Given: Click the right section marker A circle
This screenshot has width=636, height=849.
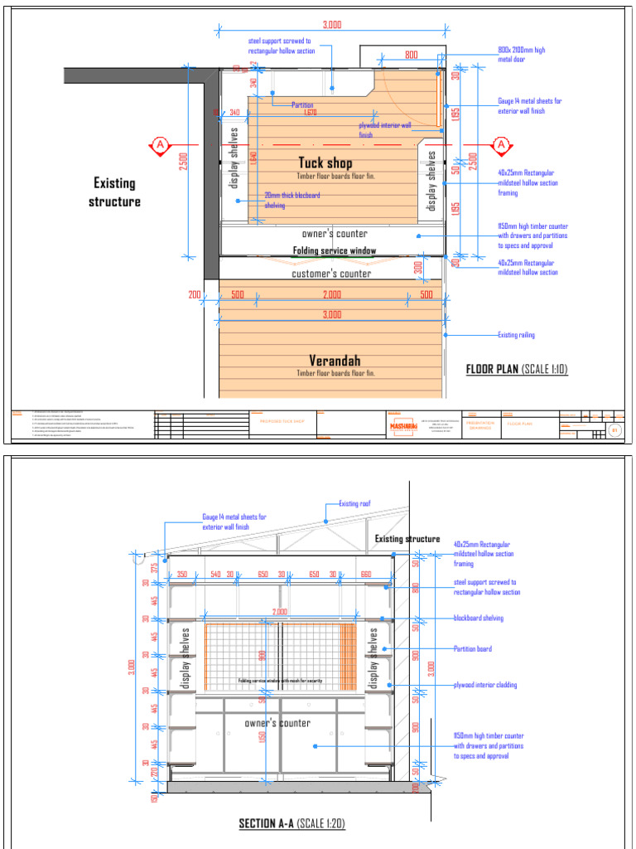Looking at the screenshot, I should pyautogui.click(x=501, y=146).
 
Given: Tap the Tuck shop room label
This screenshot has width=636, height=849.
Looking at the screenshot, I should pyautogui.click(x=325, y=163).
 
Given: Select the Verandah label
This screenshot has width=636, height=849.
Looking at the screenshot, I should pyautogui.click(x=335, y=361).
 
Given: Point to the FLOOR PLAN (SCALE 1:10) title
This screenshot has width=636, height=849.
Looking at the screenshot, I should pyautogui.click(x=517, y=370).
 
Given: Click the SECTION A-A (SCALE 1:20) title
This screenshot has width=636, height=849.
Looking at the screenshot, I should pyautogui.click(x=291, y=823).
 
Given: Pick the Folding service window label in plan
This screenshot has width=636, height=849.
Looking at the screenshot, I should pyautogui.click(x=334, y=250).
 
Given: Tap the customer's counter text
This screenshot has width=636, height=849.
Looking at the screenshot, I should pyautogui.click(x=331, y=274).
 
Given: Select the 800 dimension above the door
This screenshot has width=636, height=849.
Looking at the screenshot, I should pyautogui.click(x=411, y=55).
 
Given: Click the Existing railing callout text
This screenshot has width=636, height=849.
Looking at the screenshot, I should pyautogui.click(x=516, y=335).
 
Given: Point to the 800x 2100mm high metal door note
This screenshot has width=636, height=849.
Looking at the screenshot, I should pyautogui.click(x=522, y=55).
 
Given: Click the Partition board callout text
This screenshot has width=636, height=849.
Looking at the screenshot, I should pyautogui.click(x=473, y=648).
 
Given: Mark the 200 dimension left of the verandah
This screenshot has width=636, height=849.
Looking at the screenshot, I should pyautogui.click(x=195, y=294).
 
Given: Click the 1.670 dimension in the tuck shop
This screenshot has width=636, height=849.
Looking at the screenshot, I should pyautogui.click(x=310, y=112).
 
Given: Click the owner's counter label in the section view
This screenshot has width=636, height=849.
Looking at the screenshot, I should pyautogui.click(x=277, y=723).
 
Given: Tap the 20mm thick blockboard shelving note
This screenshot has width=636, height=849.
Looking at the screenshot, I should pyautogui.click(x=291, y=200).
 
